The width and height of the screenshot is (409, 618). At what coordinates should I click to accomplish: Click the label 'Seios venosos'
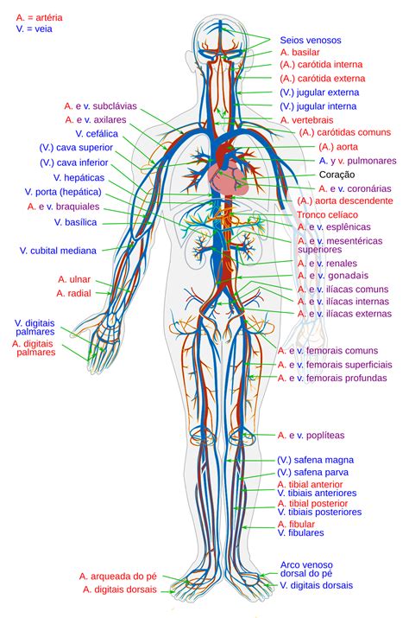coord(310,40)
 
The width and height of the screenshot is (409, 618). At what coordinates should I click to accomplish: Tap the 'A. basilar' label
coord(299,53)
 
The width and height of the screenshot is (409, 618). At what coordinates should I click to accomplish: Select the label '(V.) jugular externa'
coord(318,92)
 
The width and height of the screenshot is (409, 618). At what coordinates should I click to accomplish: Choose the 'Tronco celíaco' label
coord(327,213)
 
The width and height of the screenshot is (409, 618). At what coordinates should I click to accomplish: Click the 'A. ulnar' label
coord(74,279)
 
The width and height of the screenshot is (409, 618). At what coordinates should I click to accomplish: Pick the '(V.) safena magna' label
coord(315,460)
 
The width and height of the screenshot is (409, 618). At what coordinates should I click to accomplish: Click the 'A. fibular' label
coord(297,524)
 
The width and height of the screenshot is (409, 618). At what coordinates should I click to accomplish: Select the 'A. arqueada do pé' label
coord(117,576)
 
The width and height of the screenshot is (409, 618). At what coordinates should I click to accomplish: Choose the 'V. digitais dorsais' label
coord(316,585)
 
